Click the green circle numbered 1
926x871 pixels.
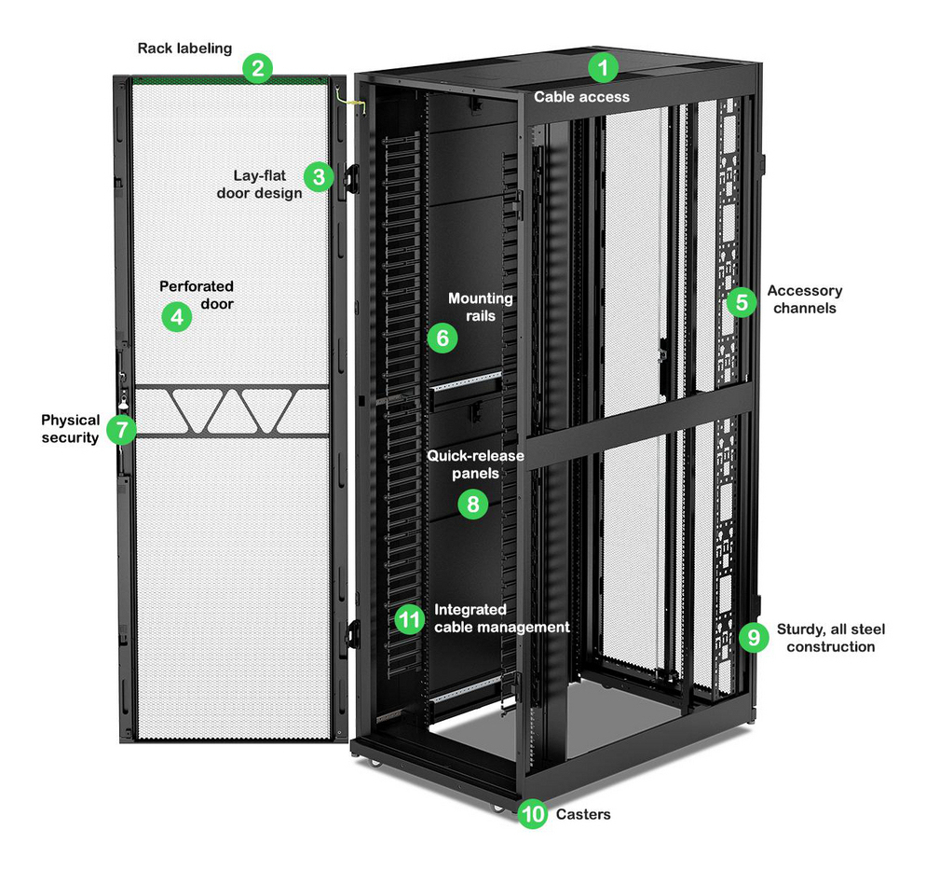pos(604,67)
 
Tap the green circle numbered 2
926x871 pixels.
pos(257,67)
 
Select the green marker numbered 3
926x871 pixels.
pos(319,175)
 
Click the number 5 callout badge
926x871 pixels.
pos(741,301)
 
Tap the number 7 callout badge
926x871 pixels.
pos(120,429)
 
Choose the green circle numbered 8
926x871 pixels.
pos(473,505)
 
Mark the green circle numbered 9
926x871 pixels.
pos(753,637)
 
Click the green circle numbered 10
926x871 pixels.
pos(533,814)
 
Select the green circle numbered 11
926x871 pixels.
pos(408,618)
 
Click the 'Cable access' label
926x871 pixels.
pos(581,96)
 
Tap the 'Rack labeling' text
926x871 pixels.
pos(184,48)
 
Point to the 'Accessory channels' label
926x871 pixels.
pos(804,299)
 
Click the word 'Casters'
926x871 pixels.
pos(583,814)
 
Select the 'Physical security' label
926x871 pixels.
pos(70,429)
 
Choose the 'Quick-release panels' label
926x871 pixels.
pos(475,464)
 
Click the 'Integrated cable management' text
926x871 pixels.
pos(501,618)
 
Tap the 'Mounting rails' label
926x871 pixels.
pos(480,307)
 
